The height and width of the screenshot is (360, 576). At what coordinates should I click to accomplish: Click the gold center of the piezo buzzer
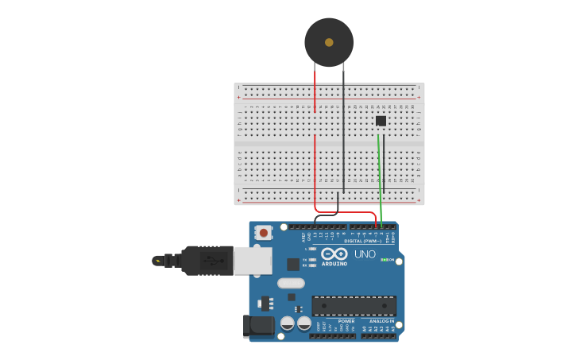pos(329,42)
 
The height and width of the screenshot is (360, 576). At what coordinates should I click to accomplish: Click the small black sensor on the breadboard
pos(381,121)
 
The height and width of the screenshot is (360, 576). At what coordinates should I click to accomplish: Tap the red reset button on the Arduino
pos(263,233)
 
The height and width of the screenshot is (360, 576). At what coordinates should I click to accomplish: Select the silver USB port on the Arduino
pos(253,260)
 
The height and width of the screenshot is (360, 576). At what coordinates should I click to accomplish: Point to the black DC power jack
pos(257,325)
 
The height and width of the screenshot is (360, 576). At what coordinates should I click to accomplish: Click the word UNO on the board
pos(365,254)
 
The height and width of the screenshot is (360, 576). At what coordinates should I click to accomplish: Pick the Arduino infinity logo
pos(334,254)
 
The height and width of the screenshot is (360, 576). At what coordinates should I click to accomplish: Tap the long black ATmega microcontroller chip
pos(354,305)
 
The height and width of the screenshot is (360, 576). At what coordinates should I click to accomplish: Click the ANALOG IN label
pos(381,321)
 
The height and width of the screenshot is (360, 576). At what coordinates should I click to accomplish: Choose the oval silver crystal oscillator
pos(291,283)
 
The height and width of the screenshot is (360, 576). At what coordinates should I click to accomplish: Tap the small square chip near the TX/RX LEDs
pos(293,264)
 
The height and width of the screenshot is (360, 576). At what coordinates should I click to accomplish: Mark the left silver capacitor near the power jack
pos(287,323)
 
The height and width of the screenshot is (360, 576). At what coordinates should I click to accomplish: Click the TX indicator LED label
pos(305,258)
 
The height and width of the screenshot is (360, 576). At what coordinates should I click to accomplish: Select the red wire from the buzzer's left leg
pos(315,91)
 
